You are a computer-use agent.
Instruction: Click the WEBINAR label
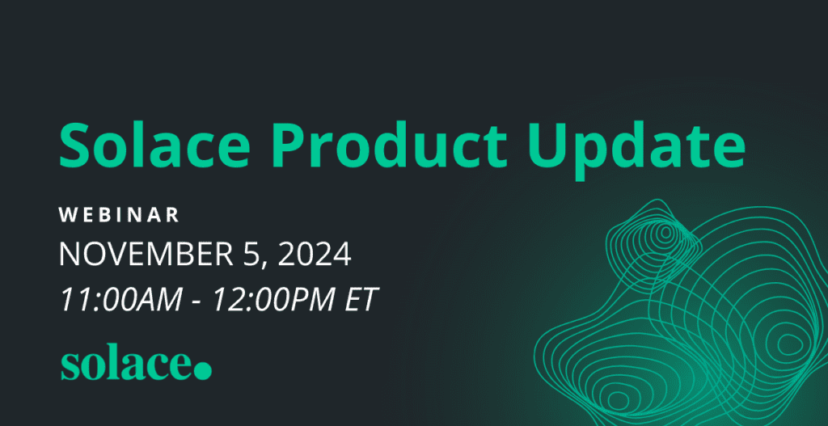[119, 215]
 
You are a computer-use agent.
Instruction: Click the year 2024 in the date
[313, 255]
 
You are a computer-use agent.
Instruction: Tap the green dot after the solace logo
[203, 370]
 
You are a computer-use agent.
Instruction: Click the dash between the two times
[197, 302]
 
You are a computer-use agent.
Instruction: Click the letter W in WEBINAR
[66, 215]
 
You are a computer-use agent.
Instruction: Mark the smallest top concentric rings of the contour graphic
[665, 234]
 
